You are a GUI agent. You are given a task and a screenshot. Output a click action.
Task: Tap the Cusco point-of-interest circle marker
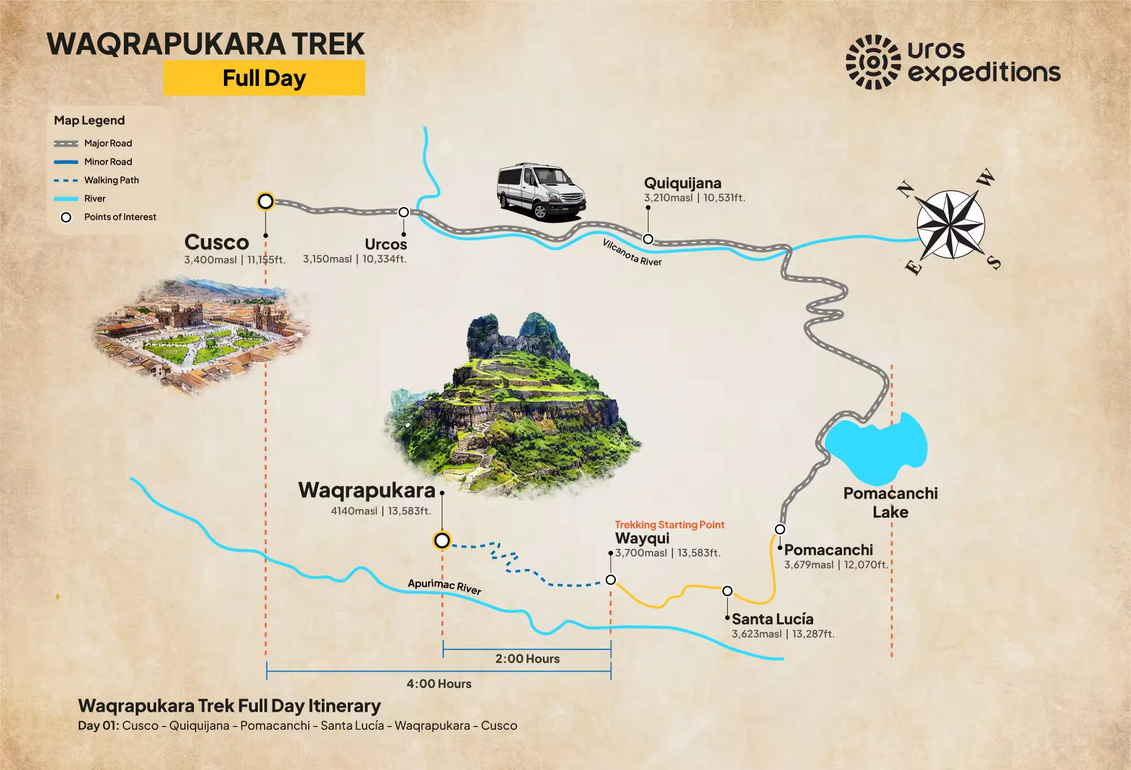pos(265,201)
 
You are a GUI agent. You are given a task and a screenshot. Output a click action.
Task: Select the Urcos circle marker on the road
pos(403,212)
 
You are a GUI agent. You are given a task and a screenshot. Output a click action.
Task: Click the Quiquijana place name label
pos(683,183)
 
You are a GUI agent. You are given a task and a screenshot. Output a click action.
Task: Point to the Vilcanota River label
pos(632,252)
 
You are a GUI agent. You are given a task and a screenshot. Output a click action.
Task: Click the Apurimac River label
pos(444,586)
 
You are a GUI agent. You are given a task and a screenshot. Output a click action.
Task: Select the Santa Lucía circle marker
pos(727,591)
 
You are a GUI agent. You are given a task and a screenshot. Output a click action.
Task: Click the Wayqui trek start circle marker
pos(611,579)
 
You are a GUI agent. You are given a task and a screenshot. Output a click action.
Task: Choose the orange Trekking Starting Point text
pos(670,524)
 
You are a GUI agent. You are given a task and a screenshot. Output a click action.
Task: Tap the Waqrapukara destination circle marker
pos(442,540)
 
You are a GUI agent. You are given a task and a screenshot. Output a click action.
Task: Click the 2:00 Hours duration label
pos(527,659)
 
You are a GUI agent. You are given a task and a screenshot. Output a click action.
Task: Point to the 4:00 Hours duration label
pos(439,683)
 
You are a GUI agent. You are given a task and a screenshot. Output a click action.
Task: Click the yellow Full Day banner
pos(264,78)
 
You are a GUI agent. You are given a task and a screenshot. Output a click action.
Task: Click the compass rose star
pos(950,225)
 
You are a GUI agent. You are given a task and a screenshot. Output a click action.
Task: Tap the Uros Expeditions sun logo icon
pos(873,62)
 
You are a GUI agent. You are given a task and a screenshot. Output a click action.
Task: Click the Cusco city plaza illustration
pos(201,334)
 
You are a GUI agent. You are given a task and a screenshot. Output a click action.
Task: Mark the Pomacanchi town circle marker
pos(780,529)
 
